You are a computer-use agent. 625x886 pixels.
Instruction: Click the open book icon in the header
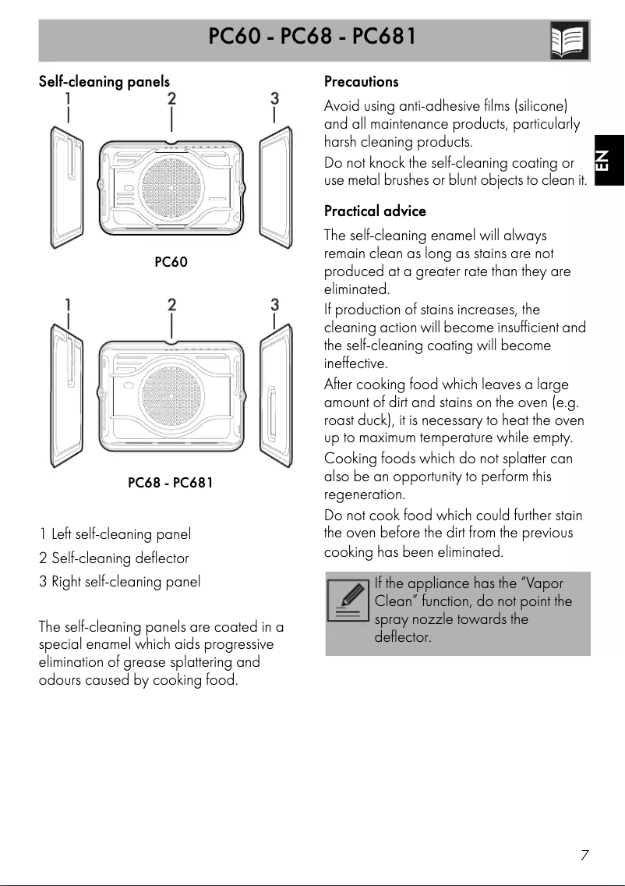[x=569, y=41]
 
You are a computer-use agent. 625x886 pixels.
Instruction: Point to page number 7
[x=584, y=855]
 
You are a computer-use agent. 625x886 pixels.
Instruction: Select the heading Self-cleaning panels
[x=104, y=81]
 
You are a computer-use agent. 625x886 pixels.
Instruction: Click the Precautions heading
[x=361, y=81]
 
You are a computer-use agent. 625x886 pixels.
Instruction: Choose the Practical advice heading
[x=375, y=211]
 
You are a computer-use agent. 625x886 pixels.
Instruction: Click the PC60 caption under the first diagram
[x=171, y=262]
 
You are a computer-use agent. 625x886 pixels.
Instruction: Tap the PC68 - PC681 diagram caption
[x=170, y=483]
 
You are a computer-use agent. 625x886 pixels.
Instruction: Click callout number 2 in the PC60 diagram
[x=171, y=98]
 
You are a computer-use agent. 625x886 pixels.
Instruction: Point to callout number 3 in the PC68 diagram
[x=274, y=304]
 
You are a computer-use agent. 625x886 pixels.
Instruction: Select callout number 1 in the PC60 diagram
[x=68, y=98]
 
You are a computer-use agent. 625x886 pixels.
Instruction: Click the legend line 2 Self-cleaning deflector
[x=114, y=558]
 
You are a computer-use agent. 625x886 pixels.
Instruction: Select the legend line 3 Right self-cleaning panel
[x=119, y=582]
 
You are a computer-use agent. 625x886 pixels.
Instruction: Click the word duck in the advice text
[x=374, y=421]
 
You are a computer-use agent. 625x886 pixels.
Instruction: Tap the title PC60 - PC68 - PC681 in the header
[x=312, y=37]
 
